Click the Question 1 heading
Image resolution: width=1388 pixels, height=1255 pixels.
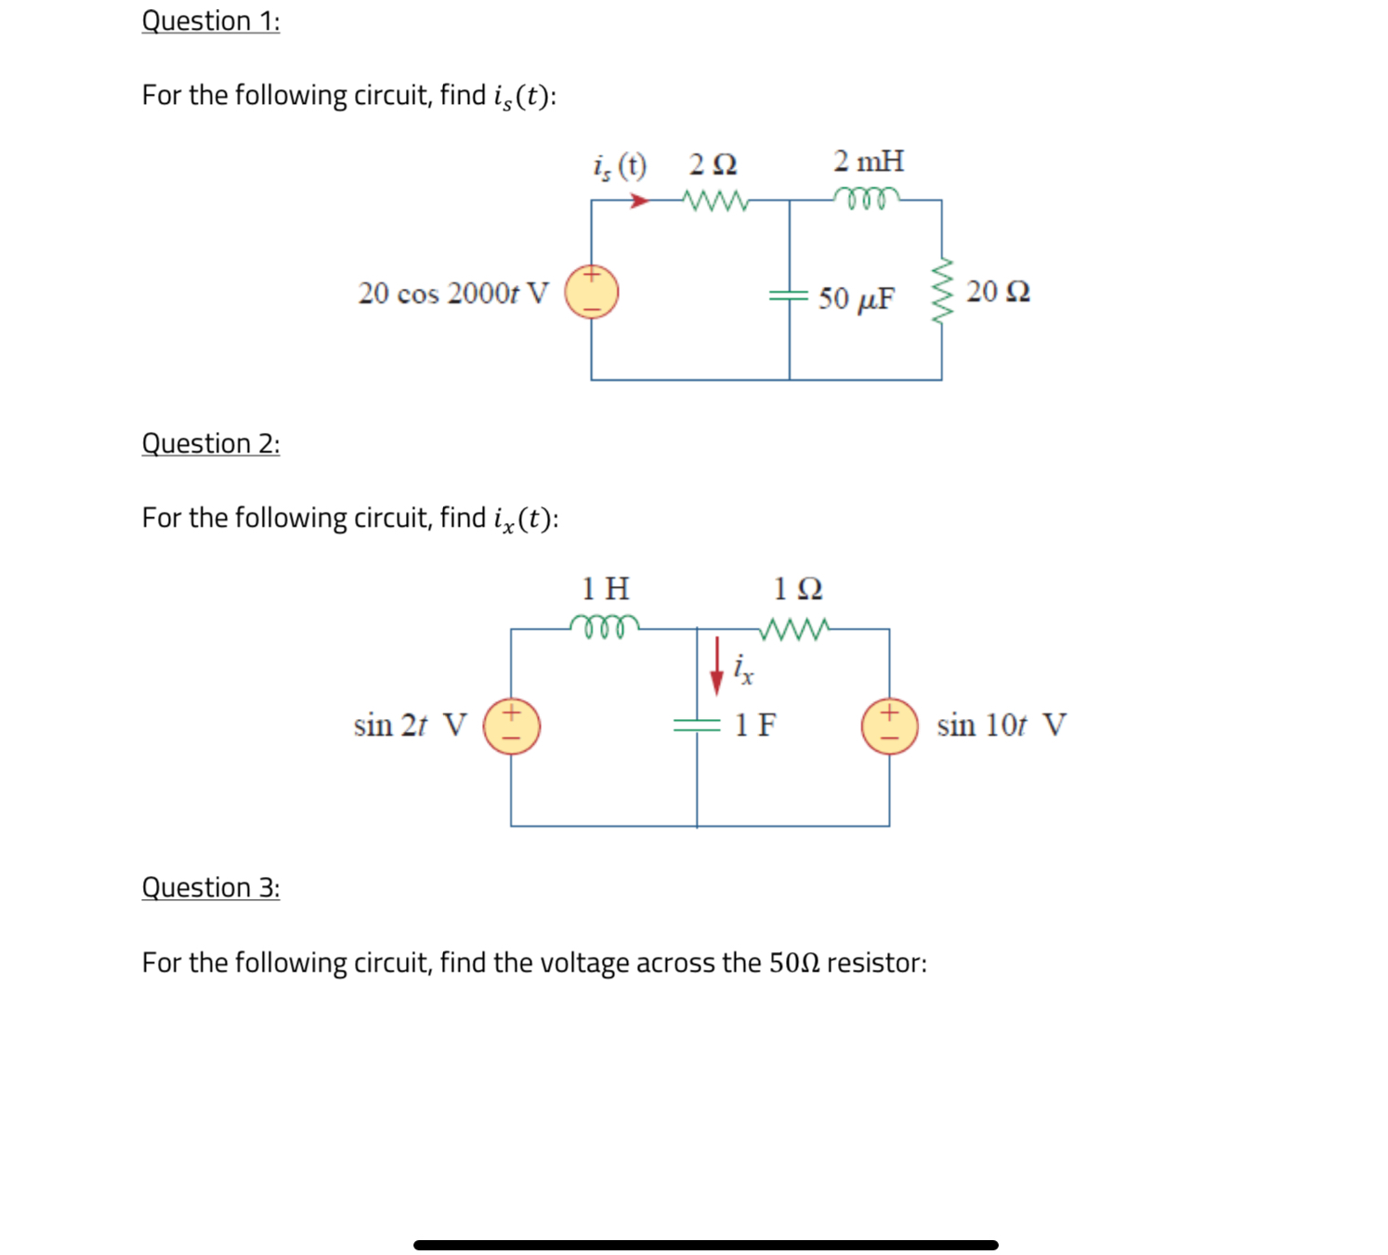tap(210, 21)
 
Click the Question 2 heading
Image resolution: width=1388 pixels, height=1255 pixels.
tap(210, 444)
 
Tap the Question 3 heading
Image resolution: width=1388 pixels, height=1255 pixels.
tap(210, 888)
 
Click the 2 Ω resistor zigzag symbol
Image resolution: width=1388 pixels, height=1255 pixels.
tap(714, 200)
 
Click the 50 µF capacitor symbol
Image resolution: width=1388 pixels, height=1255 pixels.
tap(789, 295)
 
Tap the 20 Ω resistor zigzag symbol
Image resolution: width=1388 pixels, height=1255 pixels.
tap(942, 291)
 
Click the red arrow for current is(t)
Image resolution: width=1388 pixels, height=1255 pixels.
tap(639, 201)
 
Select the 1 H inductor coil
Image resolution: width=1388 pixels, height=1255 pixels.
tap(605, 627)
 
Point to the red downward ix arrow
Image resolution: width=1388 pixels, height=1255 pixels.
tap(716, 666)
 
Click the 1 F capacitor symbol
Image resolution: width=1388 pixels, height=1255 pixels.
tap(697, 725)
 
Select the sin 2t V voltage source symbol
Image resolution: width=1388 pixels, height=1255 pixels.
tap(511, 726)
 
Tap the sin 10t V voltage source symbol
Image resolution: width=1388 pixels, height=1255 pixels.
tap(889, 726)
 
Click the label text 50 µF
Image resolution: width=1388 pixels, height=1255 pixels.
tap(856, 299)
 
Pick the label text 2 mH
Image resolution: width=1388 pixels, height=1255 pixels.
tap(868, 162)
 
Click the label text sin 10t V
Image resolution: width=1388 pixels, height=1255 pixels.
tap(1001, 726)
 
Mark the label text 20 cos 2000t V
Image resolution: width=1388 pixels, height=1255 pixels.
tap(453, 294)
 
